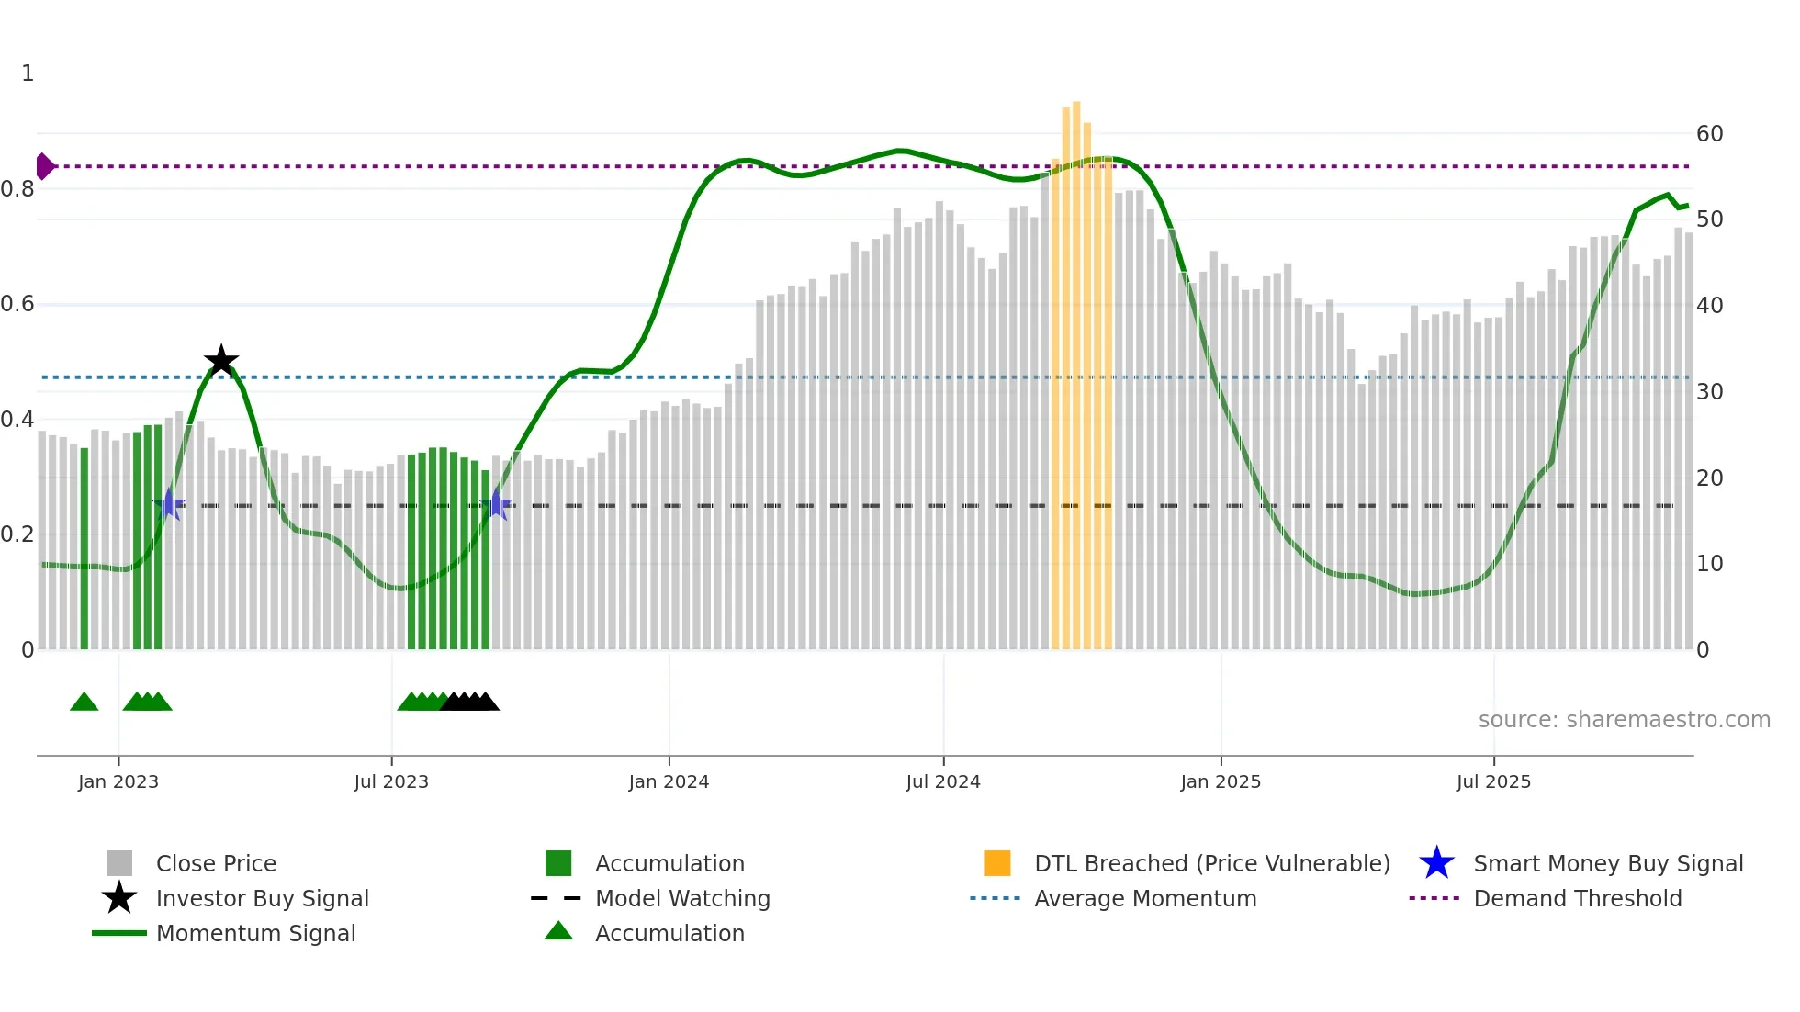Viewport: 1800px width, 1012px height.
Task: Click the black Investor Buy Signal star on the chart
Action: click(x=220, y=361)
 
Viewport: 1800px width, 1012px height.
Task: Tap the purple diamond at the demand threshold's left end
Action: click(x=44, y=166)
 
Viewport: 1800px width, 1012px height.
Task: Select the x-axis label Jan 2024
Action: click(x=669, y=781)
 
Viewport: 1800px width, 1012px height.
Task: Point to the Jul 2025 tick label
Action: click(x=1493, y=781)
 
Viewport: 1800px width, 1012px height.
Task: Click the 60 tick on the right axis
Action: click(x=1709, y=134)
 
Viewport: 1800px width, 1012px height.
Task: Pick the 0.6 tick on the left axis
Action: click(x=17, y=304)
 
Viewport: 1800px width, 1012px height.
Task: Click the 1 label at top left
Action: click(x=28, y=73)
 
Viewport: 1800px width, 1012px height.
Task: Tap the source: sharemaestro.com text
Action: click(x=1624, y=719)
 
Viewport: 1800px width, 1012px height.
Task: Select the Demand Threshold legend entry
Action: click(x=1577, y=898)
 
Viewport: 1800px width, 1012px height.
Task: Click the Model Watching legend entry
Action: click(x=681, y=898)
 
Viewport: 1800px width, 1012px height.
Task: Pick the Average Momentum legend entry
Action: click(x=1144, y=898)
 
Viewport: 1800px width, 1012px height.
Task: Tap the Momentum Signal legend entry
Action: click(x=255, y=933)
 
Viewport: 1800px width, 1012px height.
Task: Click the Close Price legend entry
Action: click(x=216, y=863)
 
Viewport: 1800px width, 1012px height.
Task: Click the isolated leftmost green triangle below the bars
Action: click(x=84, y=703)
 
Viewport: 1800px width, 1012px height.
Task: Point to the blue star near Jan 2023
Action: click(x=169, y=504)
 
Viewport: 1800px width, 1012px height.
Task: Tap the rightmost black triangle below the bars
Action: click(x=487, y=703)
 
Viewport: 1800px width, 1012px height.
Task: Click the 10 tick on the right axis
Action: click(x=1709, y=564)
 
